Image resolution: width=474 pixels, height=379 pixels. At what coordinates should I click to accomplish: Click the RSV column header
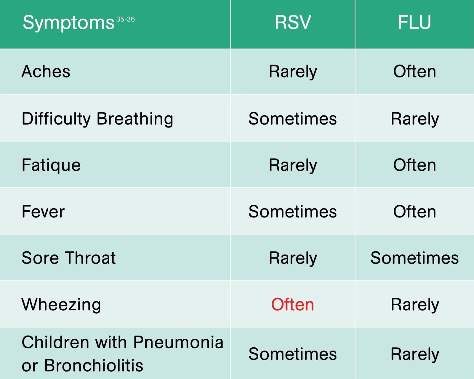[293, 22]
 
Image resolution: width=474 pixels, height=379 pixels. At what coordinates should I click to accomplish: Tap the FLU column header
[414, 22]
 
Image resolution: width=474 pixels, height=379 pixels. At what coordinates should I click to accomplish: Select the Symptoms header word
[68, 23]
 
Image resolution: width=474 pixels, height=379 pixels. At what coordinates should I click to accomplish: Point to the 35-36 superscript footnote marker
[126, 19]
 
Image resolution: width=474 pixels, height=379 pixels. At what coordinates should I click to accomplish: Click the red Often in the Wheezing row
[292, 304]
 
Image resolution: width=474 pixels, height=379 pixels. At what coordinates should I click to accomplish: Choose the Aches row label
[46, 71]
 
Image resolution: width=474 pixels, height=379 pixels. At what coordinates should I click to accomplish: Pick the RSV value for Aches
[293, 72]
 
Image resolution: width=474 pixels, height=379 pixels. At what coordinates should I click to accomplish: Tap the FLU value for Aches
[414, 71]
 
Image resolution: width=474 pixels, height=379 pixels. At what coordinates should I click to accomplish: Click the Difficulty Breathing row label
[97, 119]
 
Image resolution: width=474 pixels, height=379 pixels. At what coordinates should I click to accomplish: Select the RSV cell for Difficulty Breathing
[292, 119]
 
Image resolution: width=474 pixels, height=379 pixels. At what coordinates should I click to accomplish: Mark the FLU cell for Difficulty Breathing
[415, 120]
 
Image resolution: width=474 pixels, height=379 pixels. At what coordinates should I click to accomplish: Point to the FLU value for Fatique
[414, 165]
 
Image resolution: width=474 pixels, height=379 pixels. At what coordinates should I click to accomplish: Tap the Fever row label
[43, 212]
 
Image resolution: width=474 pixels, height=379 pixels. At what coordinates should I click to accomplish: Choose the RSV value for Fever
[292, 212]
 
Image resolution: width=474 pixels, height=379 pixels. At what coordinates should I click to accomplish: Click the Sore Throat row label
[68, 258]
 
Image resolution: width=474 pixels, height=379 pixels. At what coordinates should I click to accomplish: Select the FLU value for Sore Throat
[414, 258]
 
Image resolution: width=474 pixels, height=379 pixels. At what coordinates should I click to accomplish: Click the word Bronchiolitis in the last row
[94, 365]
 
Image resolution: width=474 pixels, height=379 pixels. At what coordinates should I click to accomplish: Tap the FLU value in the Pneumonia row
[415, 355]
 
